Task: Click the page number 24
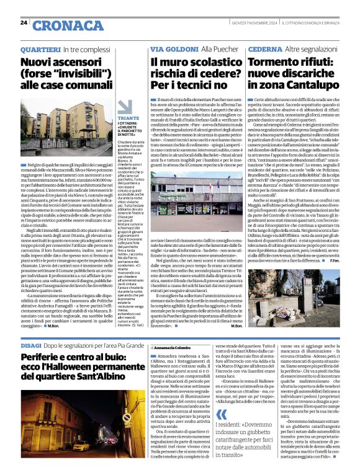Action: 24,22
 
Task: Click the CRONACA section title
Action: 60,25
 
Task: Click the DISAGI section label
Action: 32,345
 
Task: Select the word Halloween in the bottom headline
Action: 88,371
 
